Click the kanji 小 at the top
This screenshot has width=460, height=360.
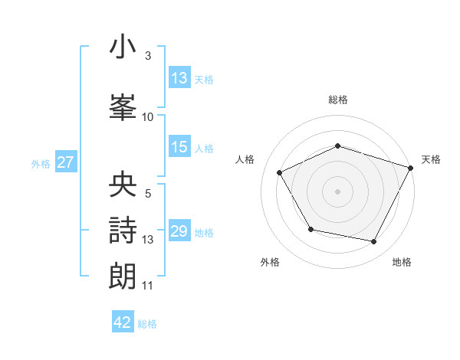click(123, 48)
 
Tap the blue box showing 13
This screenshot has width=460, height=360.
click(179, 78)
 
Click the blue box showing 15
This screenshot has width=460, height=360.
click(179, 148)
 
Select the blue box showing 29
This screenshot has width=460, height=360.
click(179, 232)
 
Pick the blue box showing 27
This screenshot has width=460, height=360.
click(65, 162)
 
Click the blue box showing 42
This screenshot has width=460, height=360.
click(123, 322)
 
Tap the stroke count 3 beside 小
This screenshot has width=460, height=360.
click(148, 56)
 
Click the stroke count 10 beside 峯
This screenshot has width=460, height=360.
click(148, 116)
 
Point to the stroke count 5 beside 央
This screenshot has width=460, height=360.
click(148, 194)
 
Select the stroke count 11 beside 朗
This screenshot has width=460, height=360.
click(148, 286)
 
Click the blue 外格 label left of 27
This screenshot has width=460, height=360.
click(41, 163)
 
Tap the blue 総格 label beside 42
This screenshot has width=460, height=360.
click(147, 323)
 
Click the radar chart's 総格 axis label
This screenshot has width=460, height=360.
click(338, 100)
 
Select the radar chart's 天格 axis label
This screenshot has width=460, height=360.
click(432, 159)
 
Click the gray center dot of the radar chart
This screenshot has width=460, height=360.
click(338, 191)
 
